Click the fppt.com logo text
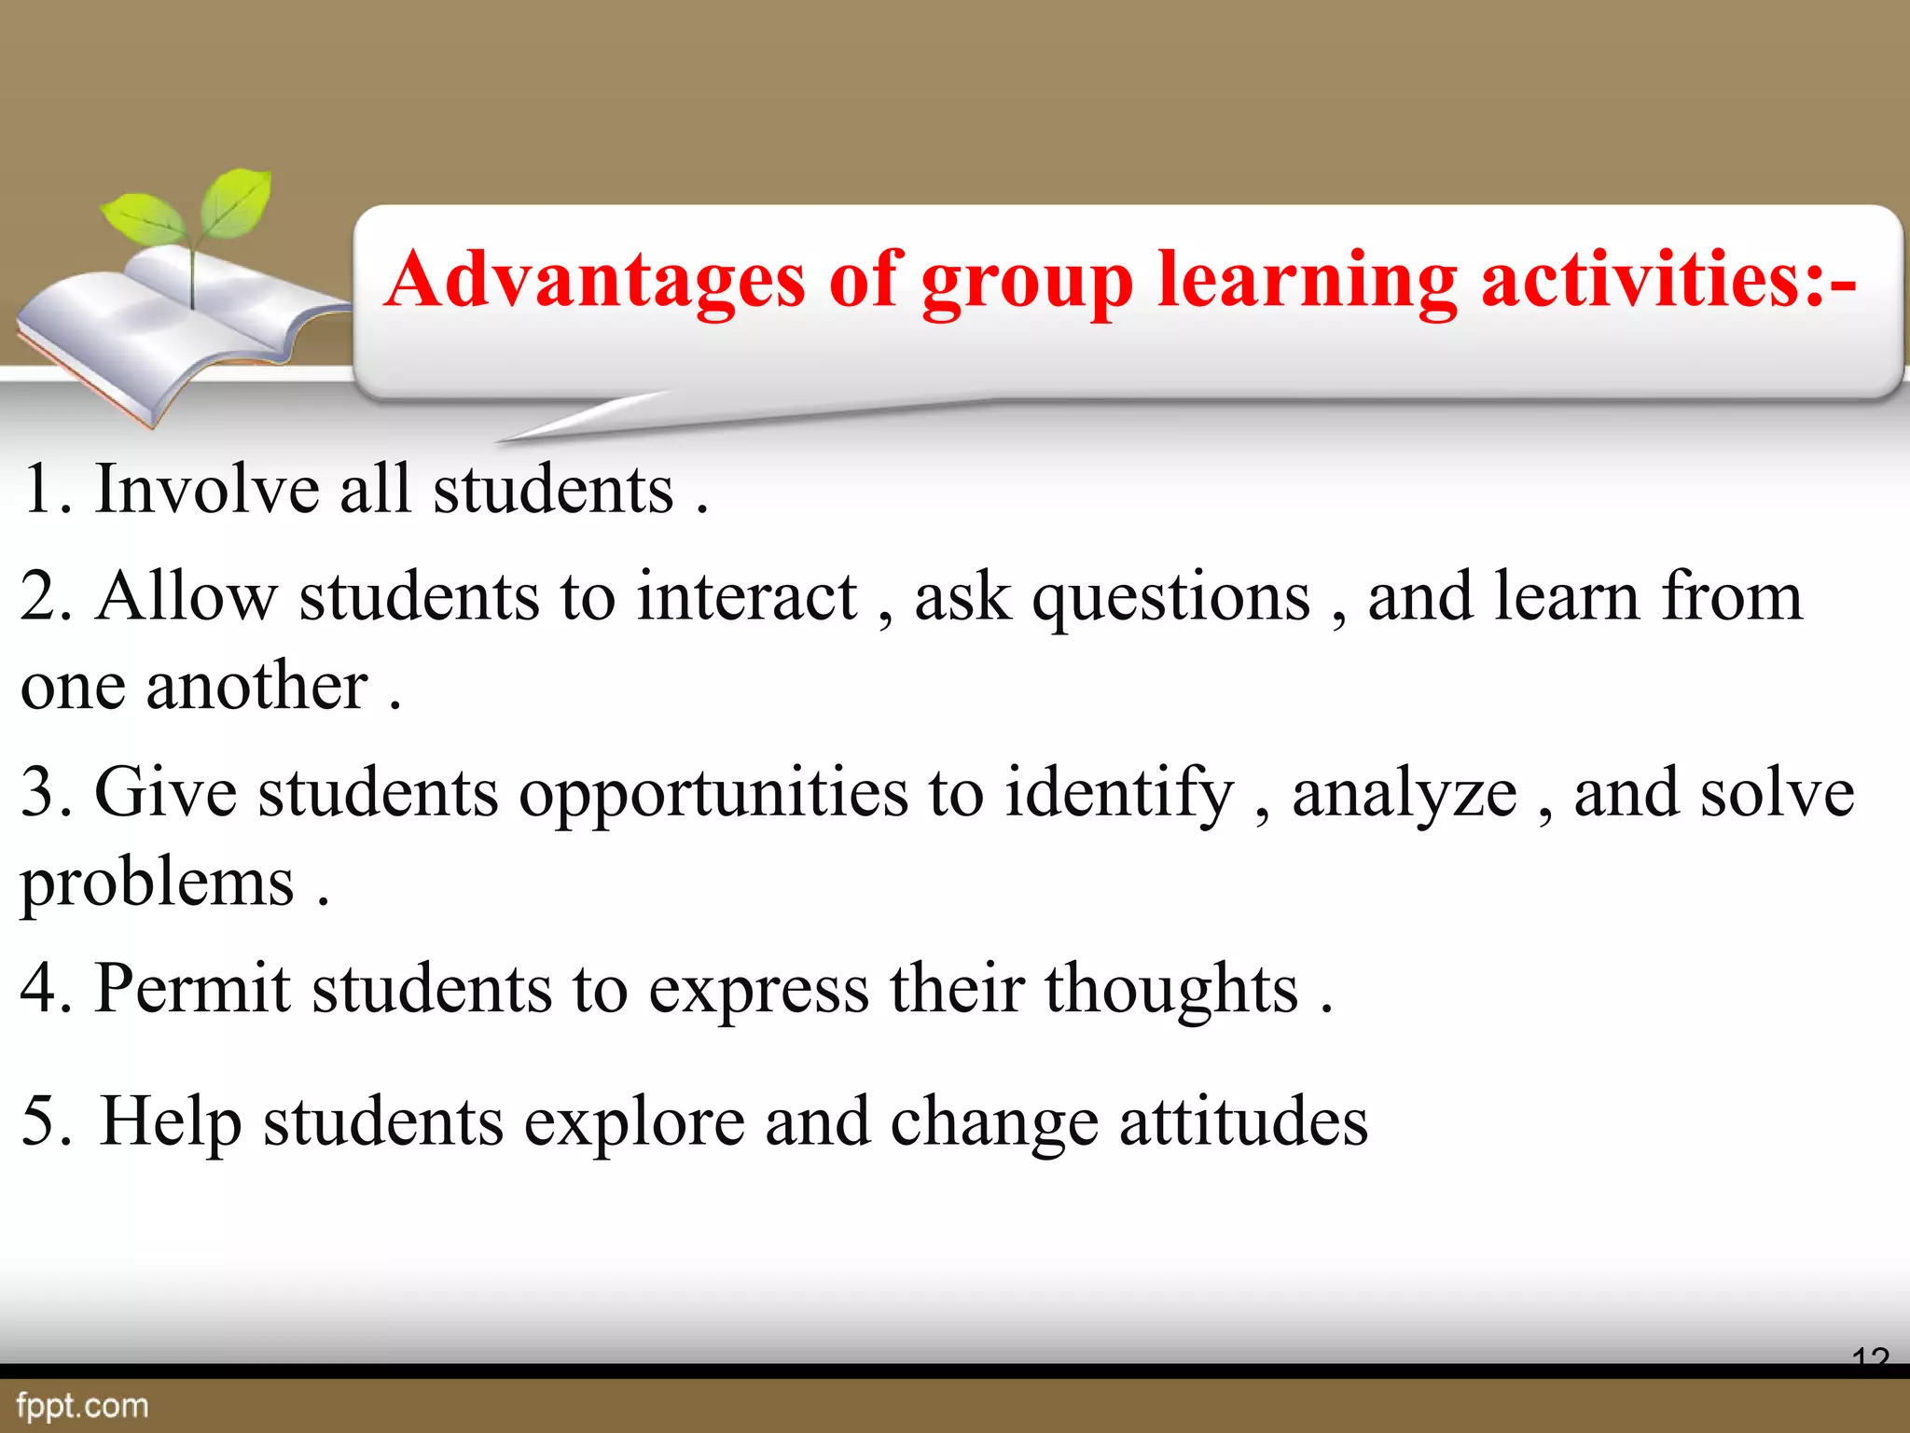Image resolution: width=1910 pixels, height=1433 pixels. click(82, 1405)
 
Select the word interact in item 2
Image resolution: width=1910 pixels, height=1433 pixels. click(746, 596)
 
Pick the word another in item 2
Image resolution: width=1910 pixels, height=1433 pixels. click(256, 686)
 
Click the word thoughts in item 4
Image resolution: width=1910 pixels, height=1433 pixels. click(1170, 989)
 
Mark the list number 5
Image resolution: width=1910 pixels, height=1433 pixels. click(42, 1120)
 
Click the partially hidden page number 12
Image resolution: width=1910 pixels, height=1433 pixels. click(1870, 1355)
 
